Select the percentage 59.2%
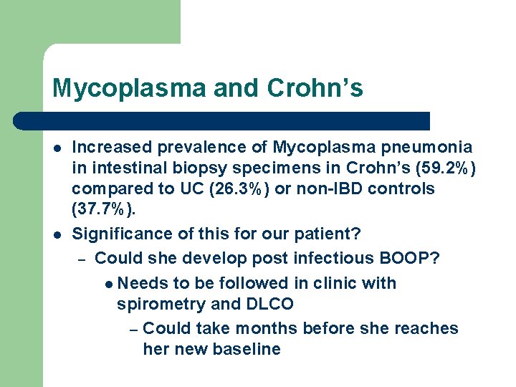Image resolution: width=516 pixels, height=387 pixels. [441, 168]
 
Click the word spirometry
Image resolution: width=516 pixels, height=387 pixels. [161, 304]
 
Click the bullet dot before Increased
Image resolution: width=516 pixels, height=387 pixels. [57, 148]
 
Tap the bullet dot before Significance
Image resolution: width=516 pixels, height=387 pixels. [57, 234]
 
